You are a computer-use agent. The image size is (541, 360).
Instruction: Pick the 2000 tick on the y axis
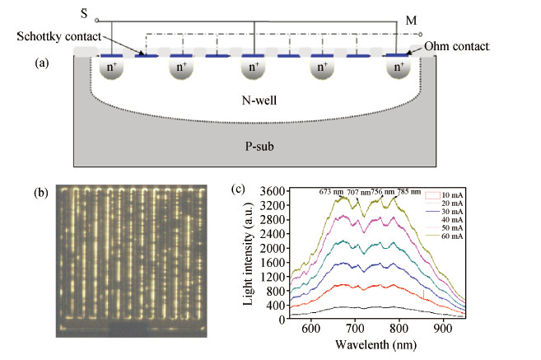point(273,248)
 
